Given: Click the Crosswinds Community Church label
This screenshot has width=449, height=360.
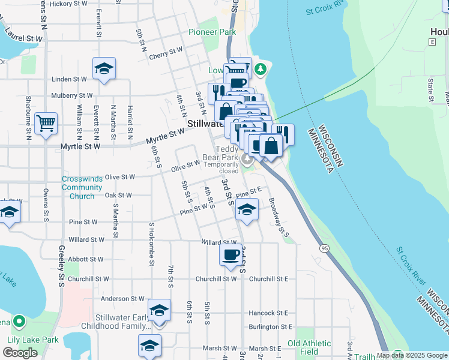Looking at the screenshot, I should click(82, 187).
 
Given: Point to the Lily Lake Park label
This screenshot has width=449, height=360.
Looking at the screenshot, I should click(32, 340).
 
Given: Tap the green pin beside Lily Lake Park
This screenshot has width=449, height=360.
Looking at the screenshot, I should click(19, 322).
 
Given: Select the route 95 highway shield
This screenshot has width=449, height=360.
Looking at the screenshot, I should click(325, 247).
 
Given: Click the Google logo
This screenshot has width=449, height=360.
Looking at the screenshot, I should click(20, 353).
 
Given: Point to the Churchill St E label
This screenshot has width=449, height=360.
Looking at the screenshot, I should click(269, 279).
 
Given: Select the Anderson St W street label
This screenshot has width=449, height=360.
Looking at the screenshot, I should click(122, 299).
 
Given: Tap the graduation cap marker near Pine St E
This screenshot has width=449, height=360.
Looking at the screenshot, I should click(246, 209).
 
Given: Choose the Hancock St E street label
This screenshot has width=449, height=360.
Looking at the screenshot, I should click(268, 313).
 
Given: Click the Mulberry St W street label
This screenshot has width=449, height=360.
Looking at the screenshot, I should click(72, 95).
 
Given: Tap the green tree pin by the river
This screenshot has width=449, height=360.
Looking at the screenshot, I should click(260, 68).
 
